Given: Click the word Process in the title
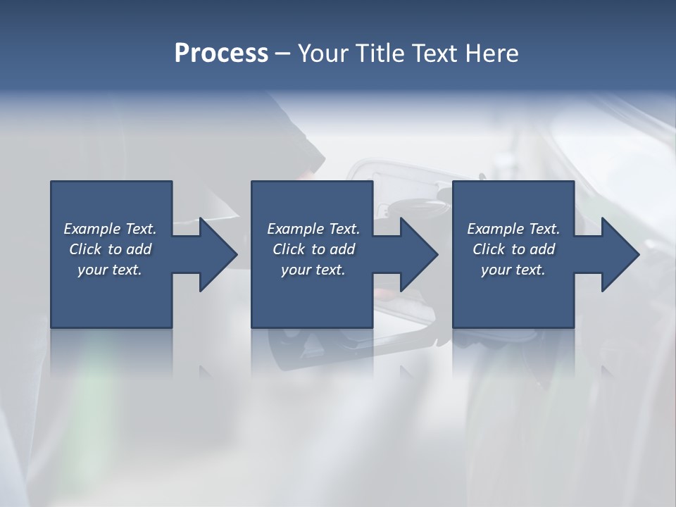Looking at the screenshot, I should pyautogui.click(x=221, y=54).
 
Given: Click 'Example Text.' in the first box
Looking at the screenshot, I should pyautogui.click(x=110, y=229).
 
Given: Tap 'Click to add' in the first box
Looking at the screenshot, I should pyautogui.click(x=110, y=249).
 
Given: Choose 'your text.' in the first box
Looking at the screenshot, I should pyautogui.click(x=110, y=270).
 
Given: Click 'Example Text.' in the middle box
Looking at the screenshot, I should pyautogui.click(x=313, y=229).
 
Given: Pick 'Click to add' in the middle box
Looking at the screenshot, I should pyautogui.click(x=313, y=249).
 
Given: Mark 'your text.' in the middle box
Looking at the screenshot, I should pyautogui.click(x=313, y=270).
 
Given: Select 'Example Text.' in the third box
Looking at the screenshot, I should pyautogui.click(x=513, y=229).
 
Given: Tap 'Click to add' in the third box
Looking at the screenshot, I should pyautogui.click(x=513, y=249).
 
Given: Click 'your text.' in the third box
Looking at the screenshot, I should pyautogui.click(x=513, y=270).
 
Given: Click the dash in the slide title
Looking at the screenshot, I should pyautogui.click(x=283, y=54).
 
